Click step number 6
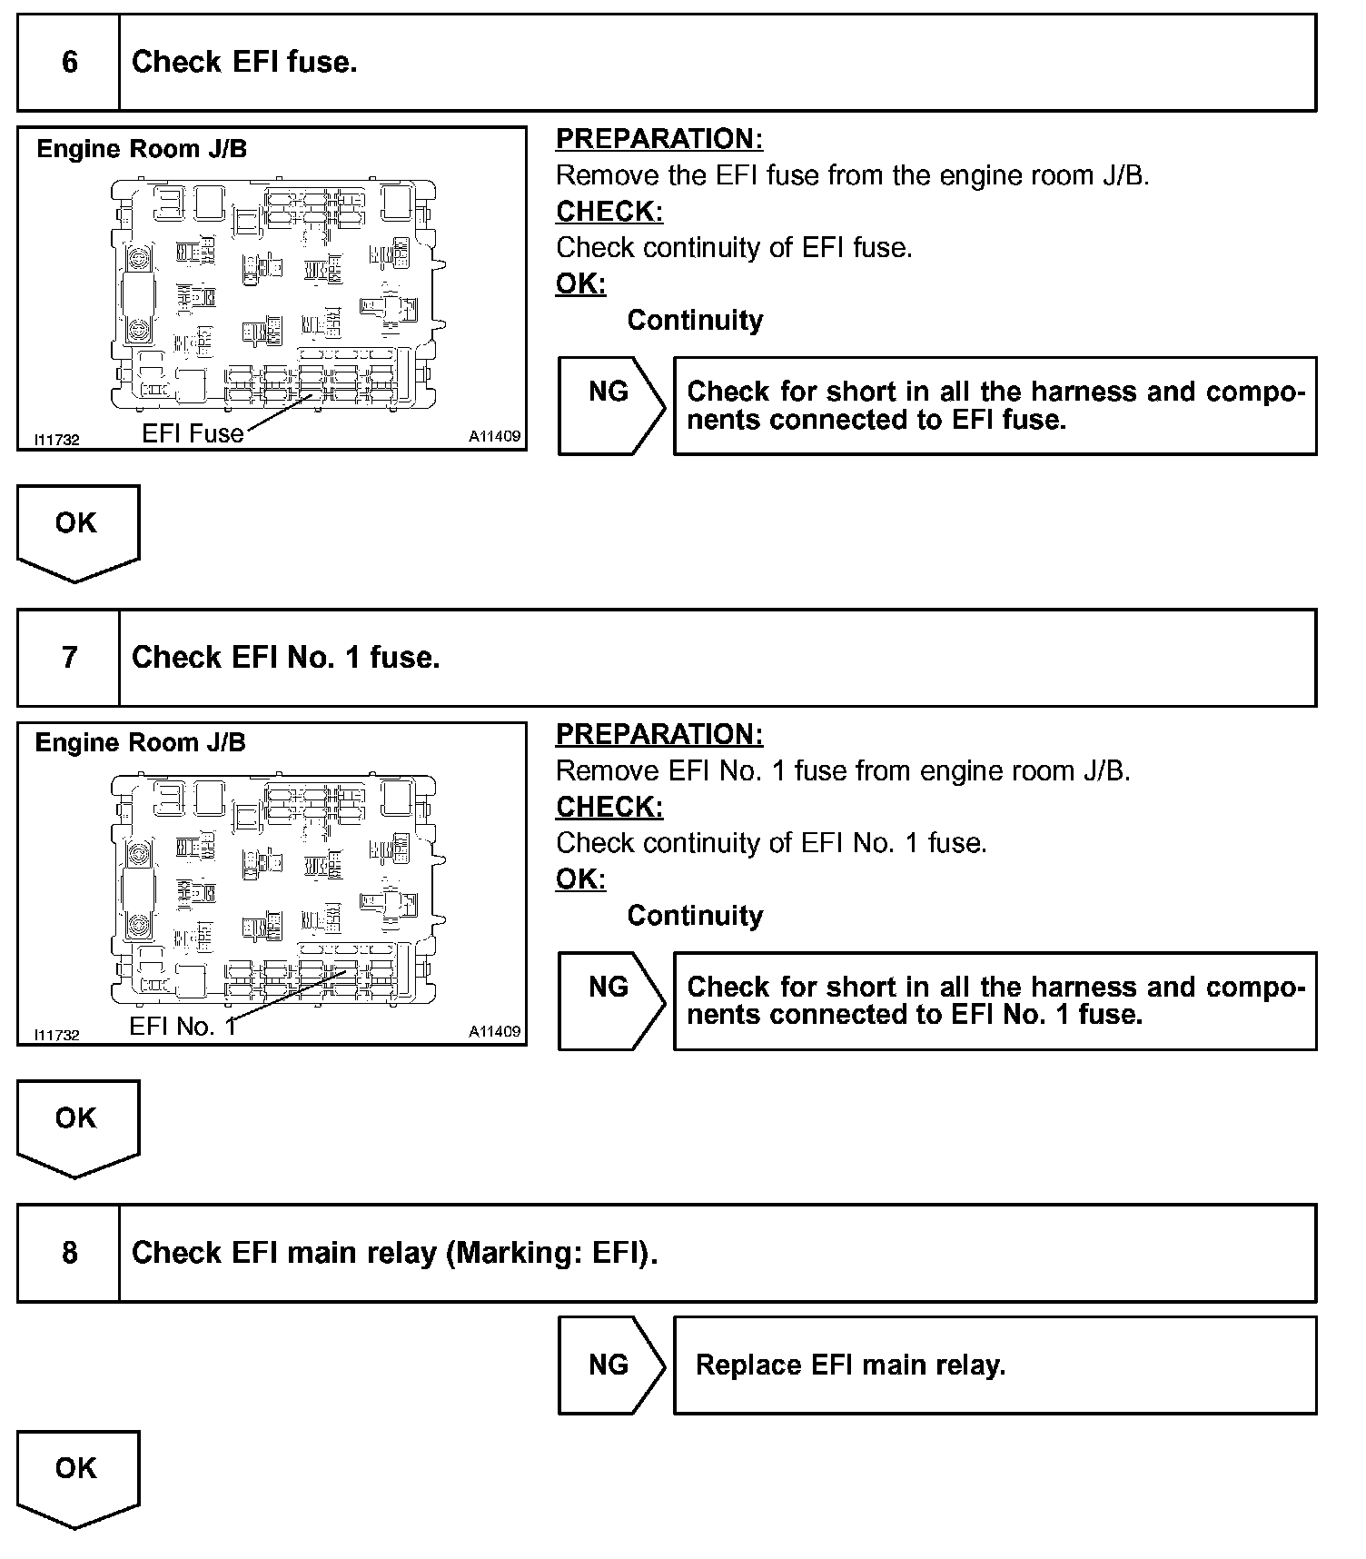[x=69, y=62]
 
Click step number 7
[x=69, y=657]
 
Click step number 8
[x=69, y=1253]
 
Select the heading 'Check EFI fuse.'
[x=244, y=62]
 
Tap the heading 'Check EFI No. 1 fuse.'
[x=285, y=657]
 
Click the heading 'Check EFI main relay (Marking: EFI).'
[x=394, y=1253]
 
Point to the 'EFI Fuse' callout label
[x=193, y=433]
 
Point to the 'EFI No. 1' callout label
[x=183, y=1027]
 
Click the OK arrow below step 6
[x=76, y=531]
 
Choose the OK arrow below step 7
[x=76, y=1126]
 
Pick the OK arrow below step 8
[x=76, y=1476]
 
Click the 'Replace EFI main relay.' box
[x=994, y=1365]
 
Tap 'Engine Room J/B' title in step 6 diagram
[x=142, y=149]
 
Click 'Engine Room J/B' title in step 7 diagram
[x=140, y=742]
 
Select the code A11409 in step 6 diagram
[x=494, y=437]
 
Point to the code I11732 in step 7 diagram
[x=56, y=1035]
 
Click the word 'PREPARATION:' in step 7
[x=659, y=734]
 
